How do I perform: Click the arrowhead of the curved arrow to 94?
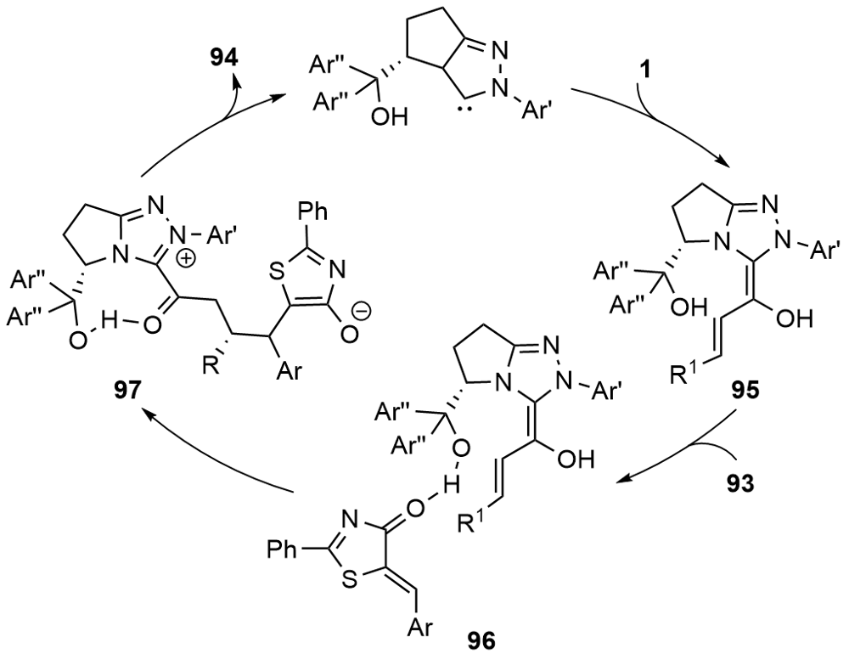(x=238, y=82)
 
